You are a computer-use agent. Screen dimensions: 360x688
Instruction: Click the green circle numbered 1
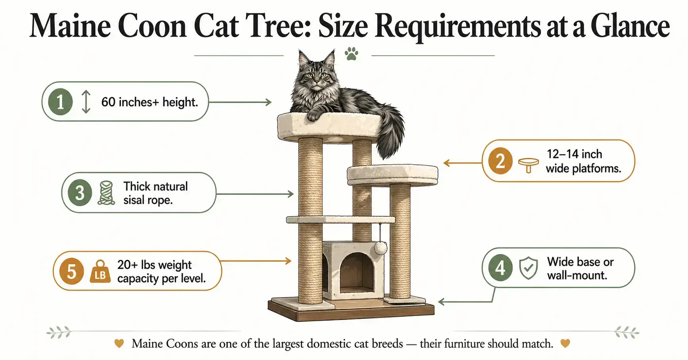(x=60, y=102)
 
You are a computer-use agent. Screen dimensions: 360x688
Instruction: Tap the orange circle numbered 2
(x=500, y=161)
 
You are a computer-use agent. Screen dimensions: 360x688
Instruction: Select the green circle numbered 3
(x=80, y=193)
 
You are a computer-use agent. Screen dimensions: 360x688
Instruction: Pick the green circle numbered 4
(x=500, y=268)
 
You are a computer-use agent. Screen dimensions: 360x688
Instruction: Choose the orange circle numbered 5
(x=71, y=271)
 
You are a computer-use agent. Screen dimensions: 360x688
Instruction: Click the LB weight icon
(x=100, y=272)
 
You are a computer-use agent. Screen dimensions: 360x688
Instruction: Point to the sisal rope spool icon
(x=106, y=193)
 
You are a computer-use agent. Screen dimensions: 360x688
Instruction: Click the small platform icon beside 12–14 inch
(x=528, y=164)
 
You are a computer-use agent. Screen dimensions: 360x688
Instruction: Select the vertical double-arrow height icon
(x=86, y=102)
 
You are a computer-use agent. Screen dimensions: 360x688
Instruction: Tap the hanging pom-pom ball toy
(x=381, y=248)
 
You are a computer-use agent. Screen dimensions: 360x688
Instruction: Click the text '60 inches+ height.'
(x=149, y=102)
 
